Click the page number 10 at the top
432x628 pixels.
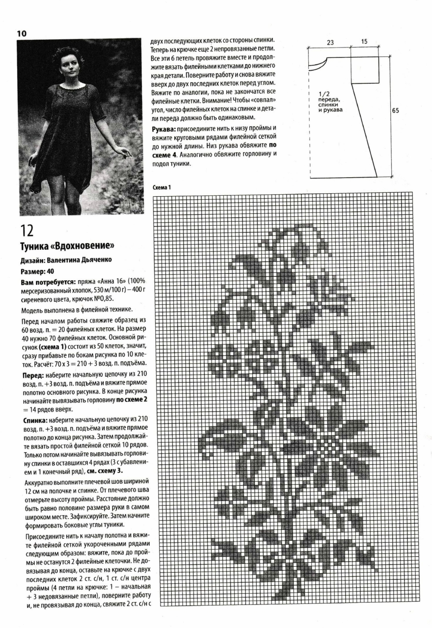click(x=22, y=33)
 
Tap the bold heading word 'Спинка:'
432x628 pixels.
click(x=35, y=420)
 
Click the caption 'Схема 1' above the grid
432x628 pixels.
click(x=162, y=187)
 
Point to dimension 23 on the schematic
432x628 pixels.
click(x=330, y=43)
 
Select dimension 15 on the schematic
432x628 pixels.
click(x=364, y=42)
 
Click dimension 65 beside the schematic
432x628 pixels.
click(x=395, y=111)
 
